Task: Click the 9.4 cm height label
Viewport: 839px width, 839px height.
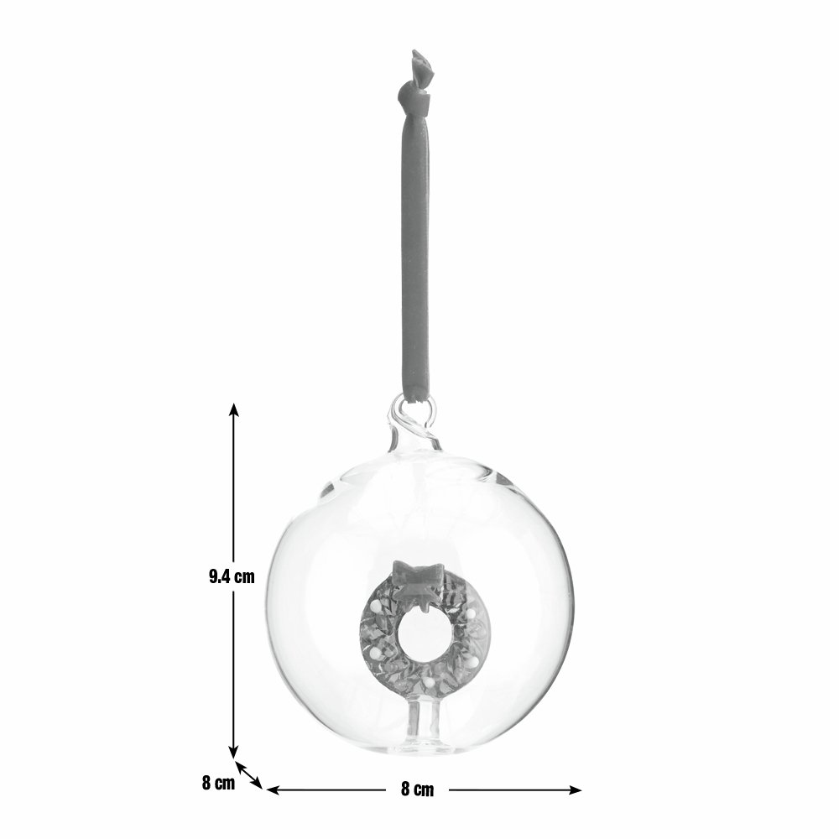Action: point(232,577)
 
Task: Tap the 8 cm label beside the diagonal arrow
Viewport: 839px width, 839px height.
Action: point(218,783)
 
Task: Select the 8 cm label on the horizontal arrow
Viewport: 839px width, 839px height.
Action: point(417,789)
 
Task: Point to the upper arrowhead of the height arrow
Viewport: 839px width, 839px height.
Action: point(233,409)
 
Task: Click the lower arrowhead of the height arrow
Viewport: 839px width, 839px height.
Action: point(233,751)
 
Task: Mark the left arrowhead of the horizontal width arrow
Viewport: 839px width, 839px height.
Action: point(273,789)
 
